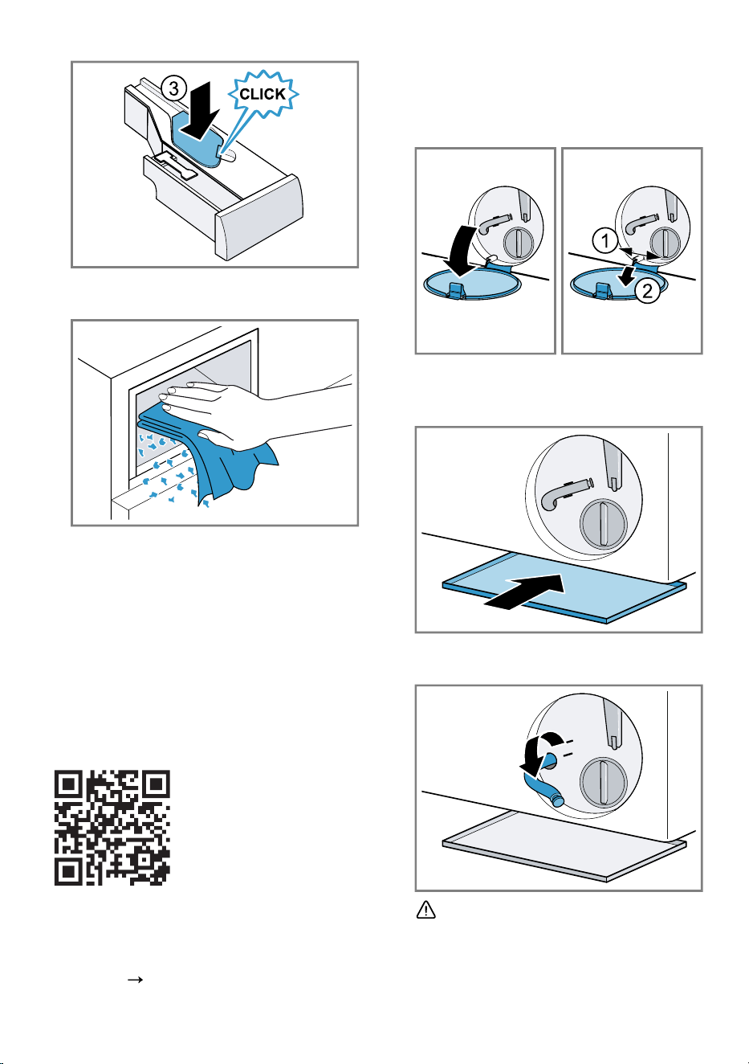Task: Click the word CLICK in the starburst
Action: pos(263,94)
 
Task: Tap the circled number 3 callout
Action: pos(173,88)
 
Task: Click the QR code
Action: pos(112,828)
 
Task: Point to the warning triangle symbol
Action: pos(425,910)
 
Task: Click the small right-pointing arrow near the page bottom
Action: pos(136,980)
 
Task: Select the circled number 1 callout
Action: pos(605,241)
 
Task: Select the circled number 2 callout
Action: pos(647,290)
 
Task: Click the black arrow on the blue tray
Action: pos(524,591)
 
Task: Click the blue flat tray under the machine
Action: pos(564,587)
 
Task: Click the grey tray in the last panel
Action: pos(564,845)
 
